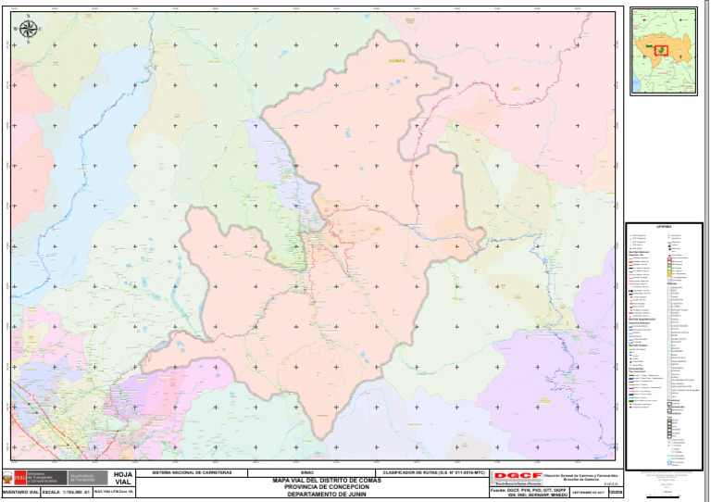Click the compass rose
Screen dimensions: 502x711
point(28,30)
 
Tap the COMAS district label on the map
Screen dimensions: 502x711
point(399,61)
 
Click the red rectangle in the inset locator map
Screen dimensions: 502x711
point(661,49)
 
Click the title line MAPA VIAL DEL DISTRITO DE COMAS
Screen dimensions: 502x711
point(320,480)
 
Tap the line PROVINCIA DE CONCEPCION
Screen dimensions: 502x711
point(320,487)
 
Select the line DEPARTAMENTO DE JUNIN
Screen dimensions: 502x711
point(320,495)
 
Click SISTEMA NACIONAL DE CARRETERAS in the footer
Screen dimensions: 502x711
point(191,472)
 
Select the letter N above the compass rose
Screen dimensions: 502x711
point(28,17)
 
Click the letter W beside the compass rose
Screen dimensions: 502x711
point(16,30)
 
